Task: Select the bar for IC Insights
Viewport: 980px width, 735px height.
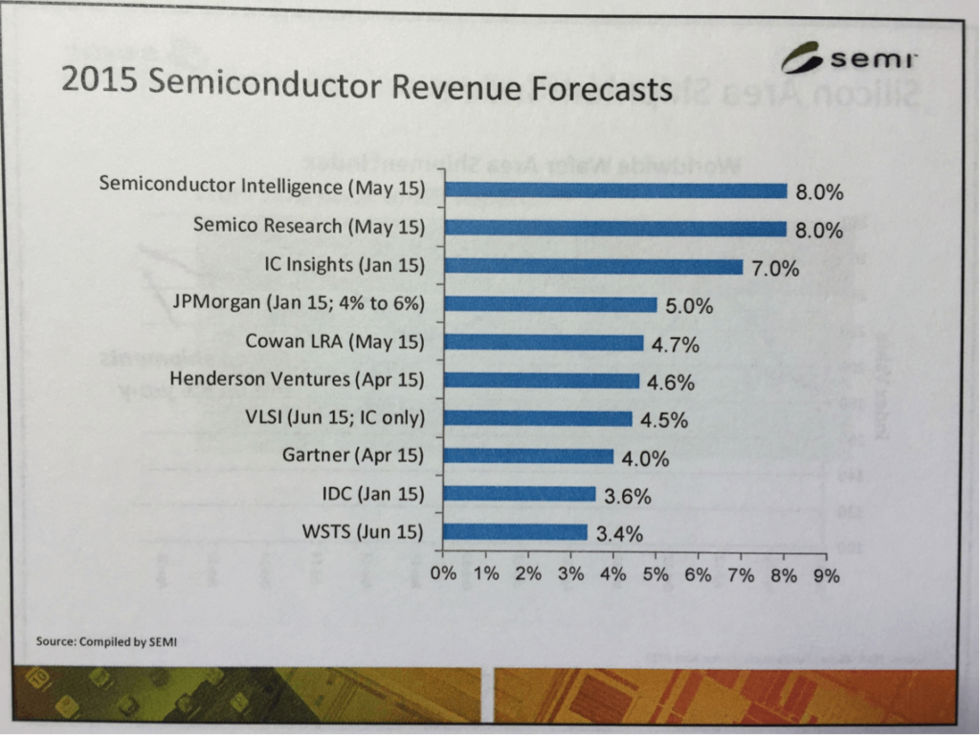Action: pos(593,267)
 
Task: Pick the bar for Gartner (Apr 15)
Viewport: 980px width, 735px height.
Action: pos(528,456)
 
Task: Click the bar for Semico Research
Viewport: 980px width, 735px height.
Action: pos(615,229)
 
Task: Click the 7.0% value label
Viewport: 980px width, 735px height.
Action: pos(774,269)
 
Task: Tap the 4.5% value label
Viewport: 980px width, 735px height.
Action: pos(663,420)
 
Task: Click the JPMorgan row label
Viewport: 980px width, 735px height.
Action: pos(298,304)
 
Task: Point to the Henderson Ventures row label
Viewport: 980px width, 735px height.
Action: pos(297,380)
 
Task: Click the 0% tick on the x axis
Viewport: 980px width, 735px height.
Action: pos(444,575)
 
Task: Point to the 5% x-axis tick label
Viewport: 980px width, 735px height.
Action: pos(656,575)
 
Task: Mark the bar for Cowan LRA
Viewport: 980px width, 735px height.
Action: pos(544,343)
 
